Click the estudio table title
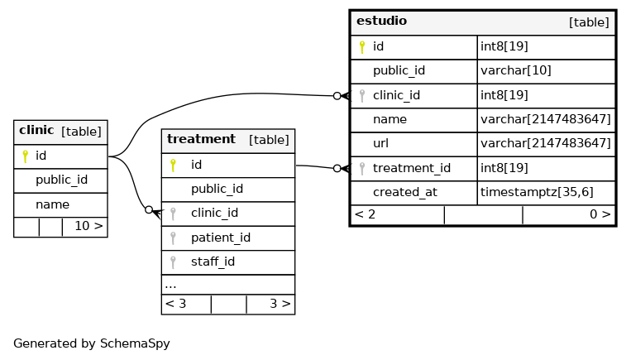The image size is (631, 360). click(x=381, y=21)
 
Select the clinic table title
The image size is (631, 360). click(x=36, y=130)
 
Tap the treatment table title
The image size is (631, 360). click(x=201, y=139)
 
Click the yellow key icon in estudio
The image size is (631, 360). click(x=361, y=47)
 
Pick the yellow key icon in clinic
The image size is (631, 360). click(x=25, y=156)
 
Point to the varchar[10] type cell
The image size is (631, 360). click(x=515, y=70)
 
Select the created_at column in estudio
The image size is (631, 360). click(x=405, y=192)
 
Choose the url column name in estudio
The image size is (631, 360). click(x=380, y=143)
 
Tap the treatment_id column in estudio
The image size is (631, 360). click(x=412, y=168)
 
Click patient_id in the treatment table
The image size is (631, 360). click(x=221, y=238)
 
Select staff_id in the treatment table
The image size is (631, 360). click(x=213, y=262)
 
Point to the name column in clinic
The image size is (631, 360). click(x=52, y=204)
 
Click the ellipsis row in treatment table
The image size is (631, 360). click(x=170, y=285)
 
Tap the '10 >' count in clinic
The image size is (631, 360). click(x=89, y=226)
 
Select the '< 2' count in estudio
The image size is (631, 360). click(x=365, y=214)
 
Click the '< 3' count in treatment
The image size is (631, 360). click(x=175, y=304)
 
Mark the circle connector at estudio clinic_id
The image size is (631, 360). click(x=337, y=96)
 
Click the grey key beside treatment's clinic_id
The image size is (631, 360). click(x=173, y=214)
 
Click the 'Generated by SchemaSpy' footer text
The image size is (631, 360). click(x=92, y=343)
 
